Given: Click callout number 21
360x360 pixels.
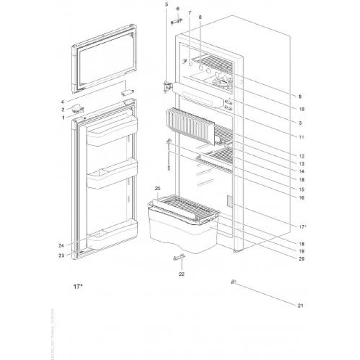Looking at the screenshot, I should [300, 305].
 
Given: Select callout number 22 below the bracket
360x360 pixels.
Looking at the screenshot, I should [181, 274].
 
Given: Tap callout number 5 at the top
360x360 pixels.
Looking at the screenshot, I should [166, 5].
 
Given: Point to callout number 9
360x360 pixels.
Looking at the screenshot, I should [299, 97].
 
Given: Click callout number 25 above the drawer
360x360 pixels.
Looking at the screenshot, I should [158, 189].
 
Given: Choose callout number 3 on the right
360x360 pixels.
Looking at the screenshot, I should [300, 123].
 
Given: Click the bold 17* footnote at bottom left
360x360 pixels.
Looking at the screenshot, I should [77, 286].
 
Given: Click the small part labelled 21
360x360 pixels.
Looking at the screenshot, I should [234, 281].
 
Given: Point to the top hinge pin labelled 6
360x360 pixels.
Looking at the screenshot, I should [177, 20].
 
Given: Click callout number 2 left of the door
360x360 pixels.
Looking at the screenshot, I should [63, 109].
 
